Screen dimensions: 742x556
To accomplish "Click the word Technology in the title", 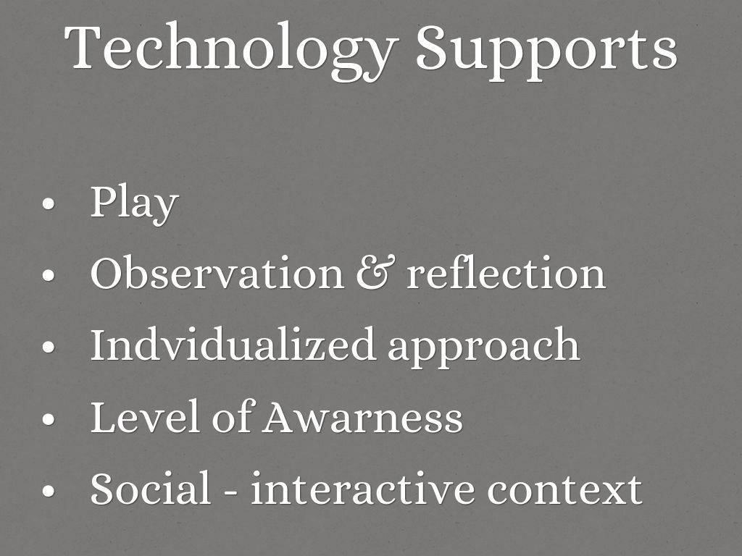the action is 231,51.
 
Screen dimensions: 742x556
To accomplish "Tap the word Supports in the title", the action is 546,52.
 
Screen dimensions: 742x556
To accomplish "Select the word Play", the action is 134,204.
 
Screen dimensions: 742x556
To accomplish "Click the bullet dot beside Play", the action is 49,203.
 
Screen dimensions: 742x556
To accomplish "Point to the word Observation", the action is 217,272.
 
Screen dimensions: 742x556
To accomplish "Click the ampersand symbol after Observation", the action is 375,272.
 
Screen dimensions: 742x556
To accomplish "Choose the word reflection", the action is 507,272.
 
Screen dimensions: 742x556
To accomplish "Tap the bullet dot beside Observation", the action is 49,274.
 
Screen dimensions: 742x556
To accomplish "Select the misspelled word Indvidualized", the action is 233,344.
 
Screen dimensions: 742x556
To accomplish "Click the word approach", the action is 483,347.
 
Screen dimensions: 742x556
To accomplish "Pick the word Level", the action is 144,416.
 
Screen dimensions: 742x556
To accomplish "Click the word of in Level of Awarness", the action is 233,416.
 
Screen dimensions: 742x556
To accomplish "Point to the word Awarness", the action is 362,416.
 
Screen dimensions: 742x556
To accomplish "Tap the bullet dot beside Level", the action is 49,418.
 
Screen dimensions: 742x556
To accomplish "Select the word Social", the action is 151,487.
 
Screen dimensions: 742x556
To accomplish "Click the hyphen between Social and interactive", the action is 230,492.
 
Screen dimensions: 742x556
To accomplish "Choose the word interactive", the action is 362,487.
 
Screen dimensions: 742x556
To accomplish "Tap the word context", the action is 564,490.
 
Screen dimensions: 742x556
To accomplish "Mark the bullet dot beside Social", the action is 49,490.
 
